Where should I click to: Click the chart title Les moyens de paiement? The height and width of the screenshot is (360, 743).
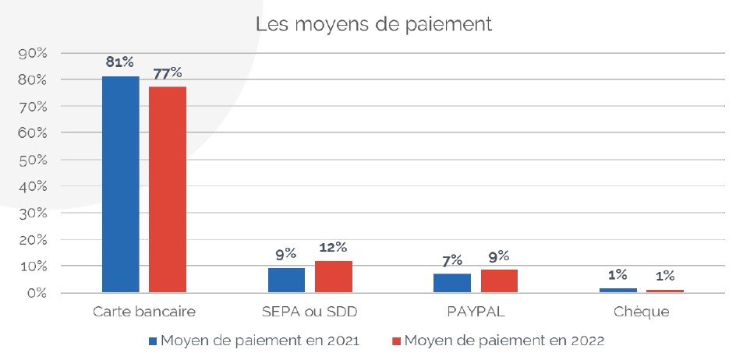point(373,24)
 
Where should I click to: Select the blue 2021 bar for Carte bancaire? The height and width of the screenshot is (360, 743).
point(120,184)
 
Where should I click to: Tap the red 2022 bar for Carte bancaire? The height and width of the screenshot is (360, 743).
point(168,189)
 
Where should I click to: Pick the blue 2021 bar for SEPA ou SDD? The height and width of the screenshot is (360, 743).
point(286,280)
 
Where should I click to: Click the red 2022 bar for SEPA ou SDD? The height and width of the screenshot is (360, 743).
point(333,277)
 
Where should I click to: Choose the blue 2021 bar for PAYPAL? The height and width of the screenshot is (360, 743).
point(452,283)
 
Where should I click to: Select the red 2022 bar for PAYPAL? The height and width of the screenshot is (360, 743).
point(499,281)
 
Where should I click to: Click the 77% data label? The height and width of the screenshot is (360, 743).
point(168,74)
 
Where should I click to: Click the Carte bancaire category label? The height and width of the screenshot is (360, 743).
point(144,312)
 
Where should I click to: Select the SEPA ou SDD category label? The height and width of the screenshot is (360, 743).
point(310,312)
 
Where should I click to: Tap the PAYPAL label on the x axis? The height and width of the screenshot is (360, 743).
point(476,312)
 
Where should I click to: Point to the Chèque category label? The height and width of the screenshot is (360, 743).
point(641,312)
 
